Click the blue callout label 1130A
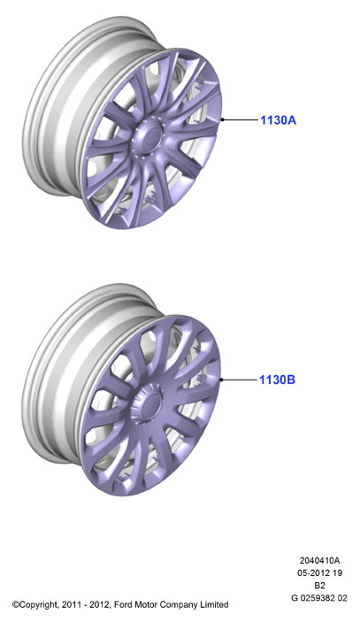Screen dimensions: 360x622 [x=278, y=119]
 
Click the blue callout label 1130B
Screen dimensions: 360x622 [x=277, y=380]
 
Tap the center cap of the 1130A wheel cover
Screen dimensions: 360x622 [x=149, y=134]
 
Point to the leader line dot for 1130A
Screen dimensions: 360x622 [x=223, y=119]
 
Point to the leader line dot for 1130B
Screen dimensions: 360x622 [x=222, y=380]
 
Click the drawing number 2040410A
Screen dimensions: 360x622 [x=319, y=561]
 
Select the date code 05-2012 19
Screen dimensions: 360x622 [x=319, y=572]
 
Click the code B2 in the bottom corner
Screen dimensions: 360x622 [x=319, y=586]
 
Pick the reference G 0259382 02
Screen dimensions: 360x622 [x=319, y=598]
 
